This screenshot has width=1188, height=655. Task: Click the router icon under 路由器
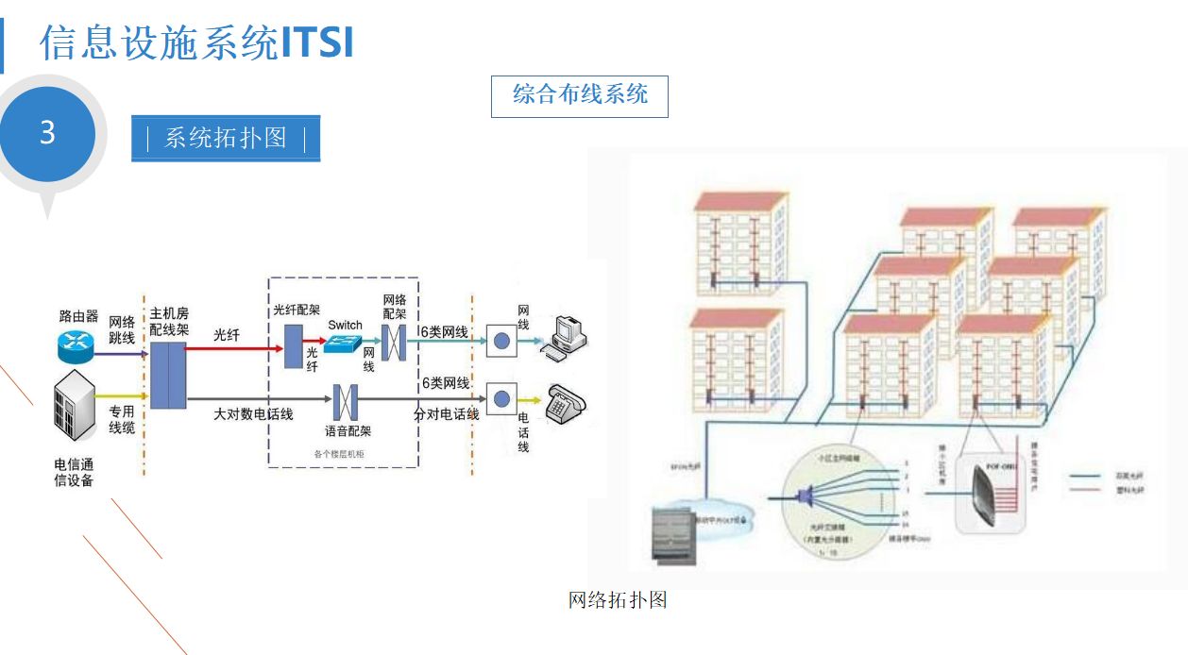pos(75,346)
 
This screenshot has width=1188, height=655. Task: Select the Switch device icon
pos(343,344)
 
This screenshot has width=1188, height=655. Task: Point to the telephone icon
pos(564,404)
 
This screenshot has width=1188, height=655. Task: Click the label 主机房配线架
pos(169,321)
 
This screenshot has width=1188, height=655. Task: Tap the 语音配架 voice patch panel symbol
pos(346,402)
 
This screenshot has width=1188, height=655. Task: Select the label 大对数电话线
pos(253,414)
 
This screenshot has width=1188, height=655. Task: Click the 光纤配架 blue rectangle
pos(292,345)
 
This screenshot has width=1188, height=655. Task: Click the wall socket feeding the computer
pos(501,341)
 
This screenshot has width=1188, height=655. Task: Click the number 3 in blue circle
pos(47,133)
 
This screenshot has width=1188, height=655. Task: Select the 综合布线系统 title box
pos(579,96)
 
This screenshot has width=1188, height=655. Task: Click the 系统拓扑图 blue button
pos(226,139)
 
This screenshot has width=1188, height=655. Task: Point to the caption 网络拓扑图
pos(618,600)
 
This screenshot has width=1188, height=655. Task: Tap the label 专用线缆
pos(121,420)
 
